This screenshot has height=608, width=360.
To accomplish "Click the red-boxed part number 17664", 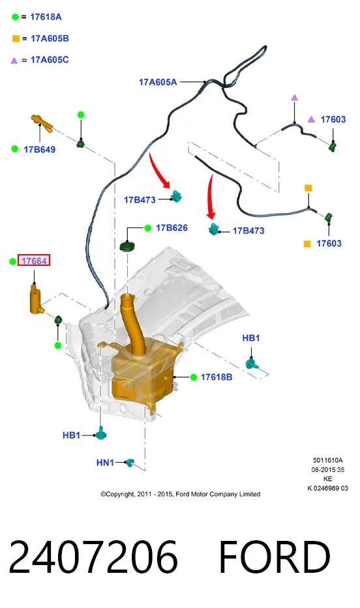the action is pos(34,261).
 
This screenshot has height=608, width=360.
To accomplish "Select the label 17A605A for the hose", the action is pos(158,82).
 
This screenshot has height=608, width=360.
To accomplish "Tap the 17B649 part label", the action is pos(40,150).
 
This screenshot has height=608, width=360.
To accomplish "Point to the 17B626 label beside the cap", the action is pos(172,228).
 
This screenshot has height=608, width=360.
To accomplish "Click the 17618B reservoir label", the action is pos(217,377).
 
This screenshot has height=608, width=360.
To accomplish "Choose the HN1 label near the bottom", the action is pos(105,463).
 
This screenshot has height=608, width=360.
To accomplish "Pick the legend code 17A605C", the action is pos(50,60).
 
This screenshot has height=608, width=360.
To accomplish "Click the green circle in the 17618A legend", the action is pos(15,17).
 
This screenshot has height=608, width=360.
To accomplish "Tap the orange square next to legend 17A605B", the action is pos(16,39).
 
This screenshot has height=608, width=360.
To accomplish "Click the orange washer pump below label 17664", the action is pos(37,298).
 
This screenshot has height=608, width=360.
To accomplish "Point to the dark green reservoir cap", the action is pos(128,246).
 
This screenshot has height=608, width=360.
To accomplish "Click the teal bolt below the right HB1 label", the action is pos(252,364).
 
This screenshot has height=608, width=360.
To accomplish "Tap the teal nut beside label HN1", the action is pos(130,462).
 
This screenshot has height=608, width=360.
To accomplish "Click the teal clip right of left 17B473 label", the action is pos(177,197).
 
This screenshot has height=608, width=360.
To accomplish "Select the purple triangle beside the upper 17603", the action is pos(312,119).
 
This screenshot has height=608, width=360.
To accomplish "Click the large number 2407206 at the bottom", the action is pos(93,557).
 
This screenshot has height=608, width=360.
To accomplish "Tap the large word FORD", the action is pos(275,557).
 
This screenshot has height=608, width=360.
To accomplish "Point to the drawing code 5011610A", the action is pos(328,460).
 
